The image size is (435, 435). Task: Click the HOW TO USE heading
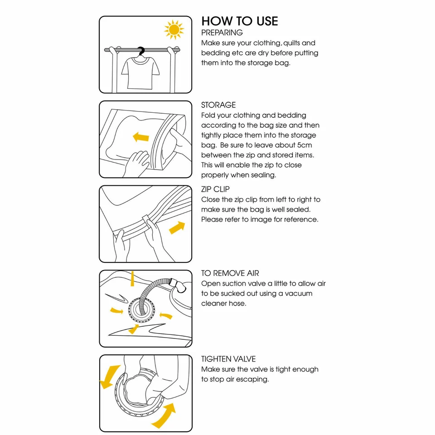(x=239, y=21)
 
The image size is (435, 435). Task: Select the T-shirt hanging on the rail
(x=140, y=72)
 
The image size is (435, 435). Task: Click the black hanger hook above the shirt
(x=141, y=51)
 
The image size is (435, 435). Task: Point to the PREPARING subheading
(x=222, y=33)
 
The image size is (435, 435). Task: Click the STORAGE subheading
(x=218, y=105)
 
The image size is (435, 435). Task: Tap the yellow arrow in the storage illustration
(x=141, y=136)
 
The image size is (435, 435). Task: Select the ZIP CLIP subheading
(x=215, y=189)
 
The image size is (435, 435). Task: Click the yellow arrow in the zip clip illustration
(x=177, y=227)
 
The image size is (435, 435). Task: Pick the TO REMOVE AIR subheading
(x=230, y=273)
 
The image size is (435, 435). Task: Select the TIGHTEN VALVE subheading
(x=228, y=359)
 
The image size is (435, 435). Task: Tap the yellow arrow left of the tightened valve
(x=110, y=377)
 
